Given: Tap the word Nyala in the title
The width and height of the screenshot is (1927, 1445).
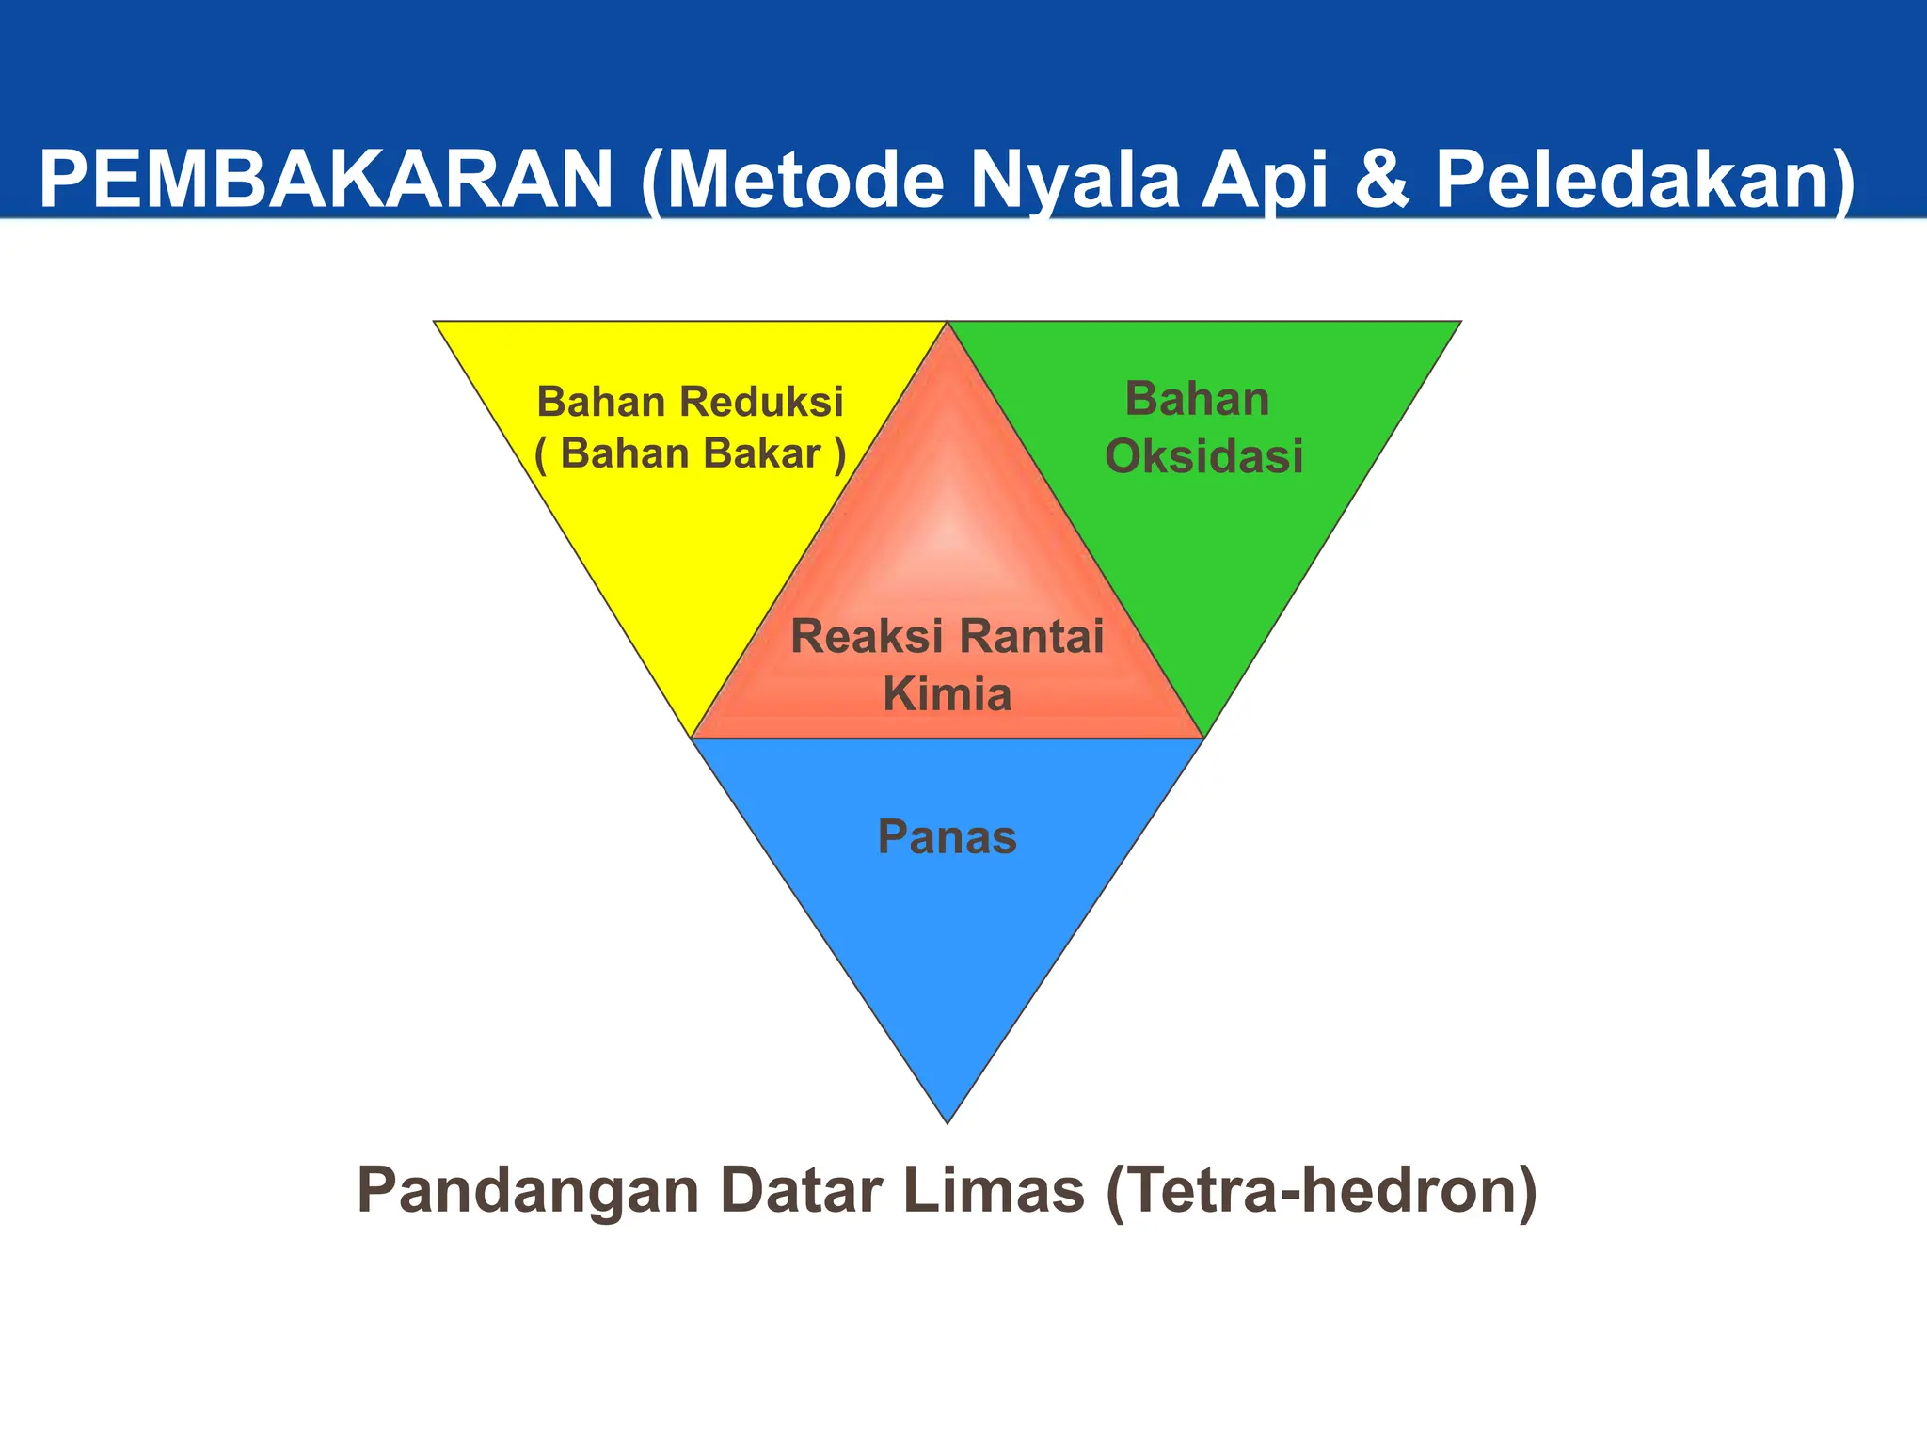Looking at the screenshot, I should tap(1074, 181).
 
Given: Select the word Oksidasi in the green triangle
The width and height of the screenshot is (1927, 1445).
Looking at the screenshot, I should tap(1203, 457).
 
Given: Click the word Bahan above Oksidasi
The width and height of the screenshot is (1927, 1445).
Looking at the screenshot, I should tap(1197, 400).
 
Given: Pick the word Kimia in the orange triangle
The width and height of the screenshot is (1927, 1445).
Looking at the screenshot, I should tap(947, 695).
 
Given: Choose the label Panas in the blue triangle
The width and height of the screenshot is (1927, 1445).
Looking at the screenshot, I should tap(947, 837).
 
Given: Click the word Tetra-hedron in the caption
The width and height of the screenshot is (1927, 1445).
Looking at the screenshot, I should tap(1321, 1192).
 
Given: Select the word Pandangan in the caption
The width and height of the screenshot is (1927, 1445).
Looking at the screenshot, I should tap(528, 1192).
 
